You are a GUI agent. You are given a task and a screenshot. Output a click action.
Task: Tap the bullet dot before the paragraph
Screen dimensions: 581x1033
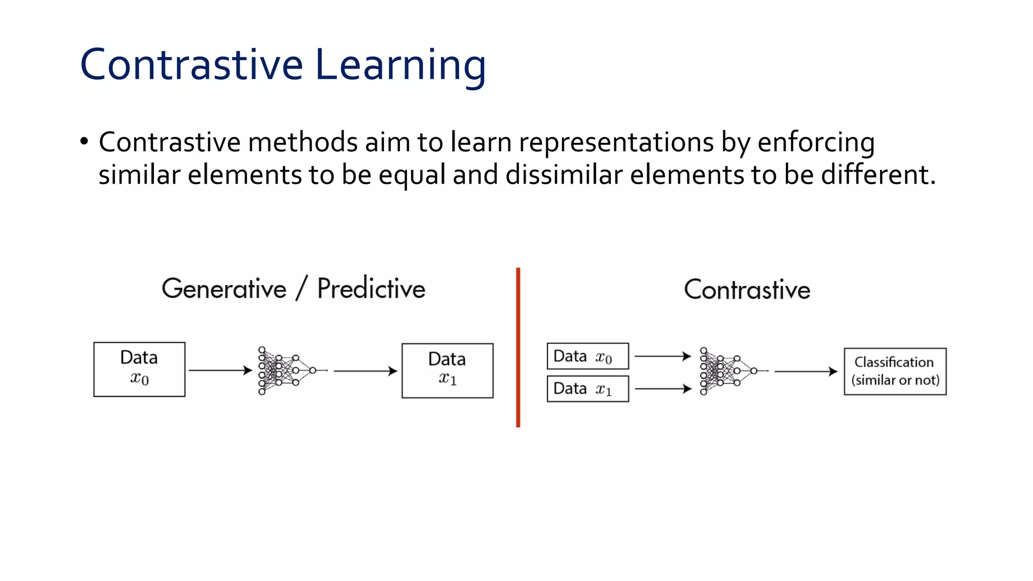click(x=84, y=142)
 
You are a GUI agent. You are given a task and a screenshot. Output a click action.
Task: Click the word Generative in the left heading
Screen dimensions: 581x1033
click(x=224, y=289)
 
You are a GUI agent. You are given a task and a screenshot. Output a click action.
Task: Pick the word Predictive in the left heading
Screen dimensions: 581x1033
click(x=371, y=289)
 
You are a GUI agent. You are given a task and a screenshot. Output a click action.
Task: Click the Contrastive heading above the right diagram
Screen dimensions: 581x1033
click(x=747, y=290)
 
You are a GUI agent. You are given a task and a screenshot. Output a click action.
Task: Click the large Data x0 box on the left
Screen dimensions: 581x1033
click(x=139, y=370)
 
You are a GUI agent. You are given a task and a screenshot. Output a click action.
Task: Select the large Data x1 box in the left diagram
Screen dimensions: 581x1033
click(x=447, y=371)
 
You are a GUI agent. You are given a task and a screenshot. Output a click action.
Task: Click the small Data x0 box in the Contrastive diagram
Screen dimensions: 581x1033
click(x=588, y=357)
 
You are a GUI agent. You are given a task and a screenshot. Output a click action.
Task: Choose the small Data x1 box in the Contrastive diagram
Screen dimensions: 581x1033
click(x=588, y=389)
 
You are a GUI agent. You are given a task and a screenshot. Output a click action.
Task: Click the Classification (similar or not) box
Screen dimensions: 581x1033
click(x=895, y=371)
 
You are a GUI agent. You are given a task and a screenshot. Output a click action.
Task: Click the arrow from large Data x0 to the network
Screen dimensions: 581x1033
click(x=220, y=371)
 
